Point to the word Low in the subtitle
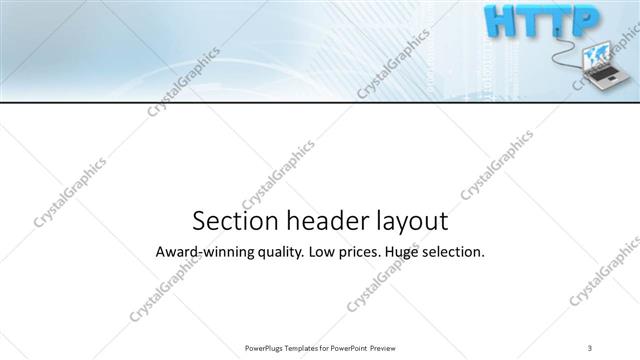pyautogui.click(x=326, y=252)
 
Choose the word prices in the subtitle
pyautogui.click(x=367, y=253)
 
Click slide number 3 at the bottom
pyautogui.click(x=590, y=347)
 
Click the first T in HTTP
pyautogui.click(x=527, y=21)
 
